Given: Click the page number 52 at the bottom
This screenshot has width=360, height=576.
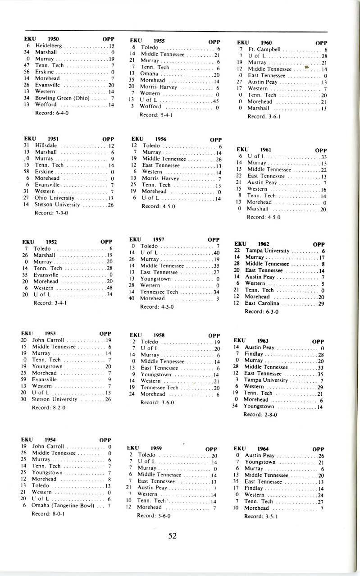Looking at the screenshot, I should [172, 536].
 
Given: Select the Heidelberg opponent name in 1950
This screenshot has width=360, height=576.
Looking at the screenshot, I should [45, 46].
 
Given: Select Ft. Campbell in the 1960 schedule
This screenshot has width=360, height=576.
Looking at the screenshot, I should [263, 50].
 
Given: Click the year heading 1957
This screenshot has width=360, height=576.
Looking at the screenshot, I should [158, 239].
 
